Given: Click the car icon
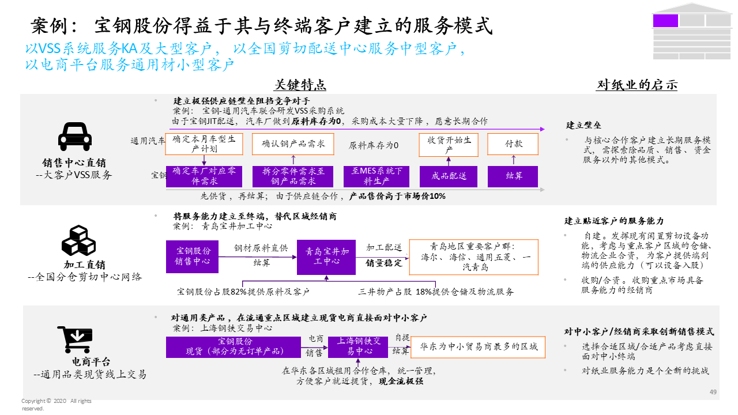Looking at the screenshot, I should (75, 137).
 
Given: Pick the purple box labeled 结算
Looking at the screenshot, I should (513, 176).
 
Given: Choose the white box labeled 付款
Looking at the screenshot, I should (513, 144).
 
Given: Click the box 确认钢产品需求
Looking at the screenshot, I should (293, 144).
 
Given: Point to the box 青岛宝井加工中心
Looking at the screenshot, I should (326, 257).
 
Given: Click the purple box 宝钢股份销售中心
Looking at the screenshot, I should (193, 257).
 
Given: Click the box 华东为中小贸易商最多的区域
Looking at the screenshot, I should (479, 347).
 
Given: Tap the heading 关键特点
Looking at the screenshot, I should (300, 85).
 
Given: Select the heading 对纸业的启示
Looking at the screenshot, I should (637, 85).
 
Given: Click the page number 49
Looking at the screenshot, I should (713, 393).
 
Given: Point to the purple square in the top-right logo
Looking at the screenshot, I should (665, 21).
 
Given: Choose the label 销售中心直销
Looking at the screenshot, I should (74, 163).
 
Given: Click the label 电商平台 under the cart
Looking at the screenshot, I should (91, 362).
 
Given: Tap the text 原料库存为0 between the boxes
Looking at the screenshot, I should (374, 145).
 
